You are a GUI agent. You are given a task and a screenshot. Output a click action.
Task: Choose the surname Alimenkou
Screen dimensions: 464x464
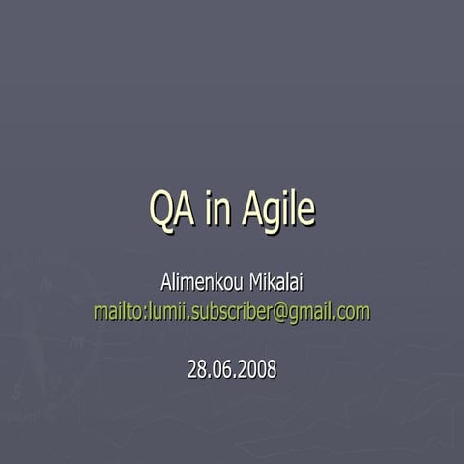[200, 284]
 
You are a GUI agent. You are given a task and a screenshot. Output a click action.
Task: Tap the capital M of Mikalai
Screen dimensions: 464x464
[257, 284]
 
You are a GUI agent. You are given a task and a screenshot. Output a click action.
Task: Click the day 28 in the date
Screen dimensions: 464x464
[197, 368]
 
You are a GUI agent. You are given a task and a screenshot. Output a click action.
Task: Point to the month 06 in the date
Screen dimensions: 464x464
[225, 368]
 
